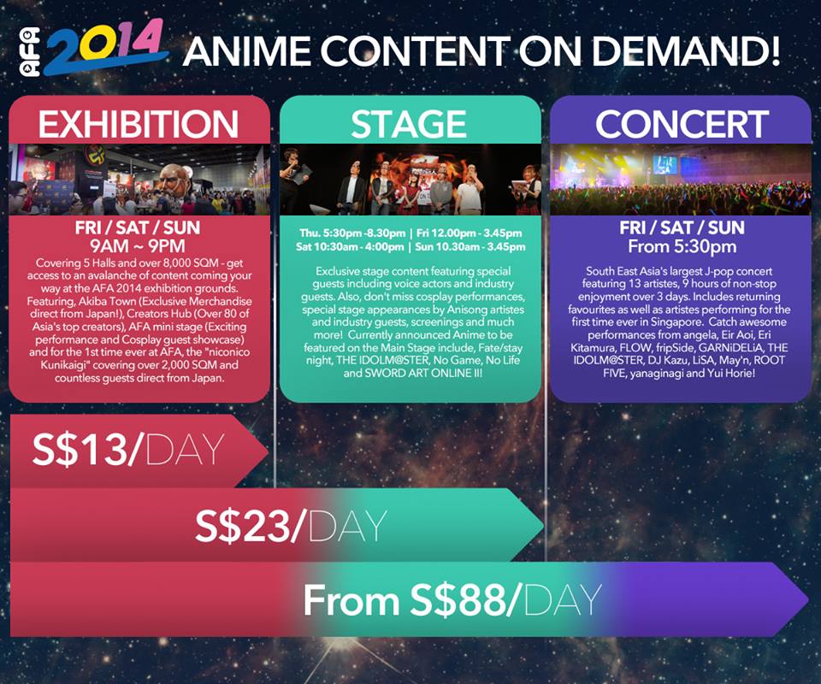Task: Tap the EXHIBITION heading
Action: tap(139, 124)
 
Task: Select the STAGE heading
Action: tap(409, 124)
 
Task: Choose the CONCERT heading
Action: tap(682, 124)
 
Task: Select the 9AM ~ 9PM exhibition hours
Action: tap(138, 246)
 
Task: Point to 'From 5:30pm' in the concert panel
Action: tap(682, 246)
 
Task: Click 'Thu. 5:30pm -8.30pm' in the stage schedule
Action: tap(352, 233)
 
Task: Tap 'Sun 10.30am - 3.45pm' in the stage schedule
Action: tap(470, 246)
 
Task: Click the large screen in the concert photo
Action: tap(664, 165)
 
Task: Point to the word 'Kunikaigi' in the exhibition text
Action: tap(66, 365)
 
